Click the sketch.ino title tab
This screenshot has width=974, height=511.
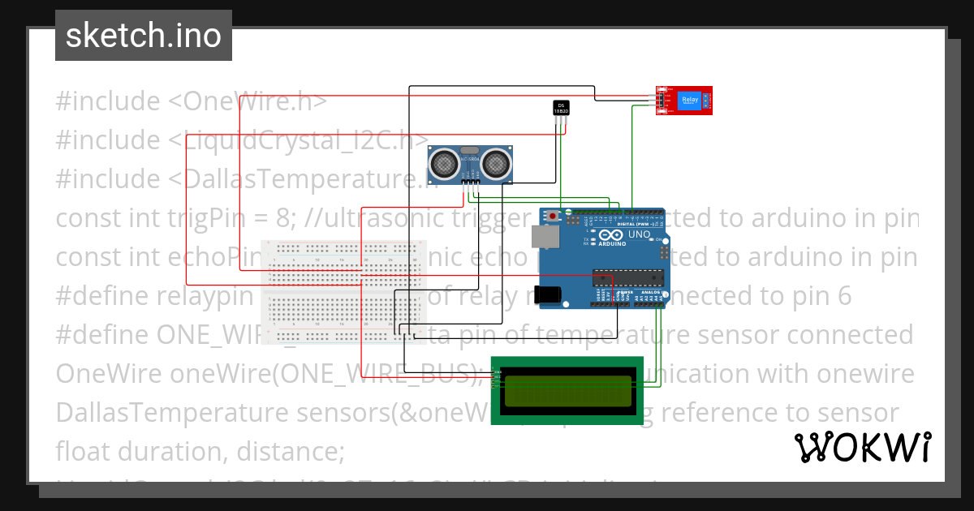coord(143,36)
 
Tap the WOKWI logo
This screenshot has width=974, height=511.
coord(863,447)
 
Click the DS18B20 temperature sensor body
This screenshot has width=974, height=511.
coord(560,108)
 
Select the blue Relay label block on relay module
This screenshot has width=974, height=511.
coord(689,100)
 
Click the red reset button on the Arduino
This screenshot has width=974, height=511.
coord(554,217)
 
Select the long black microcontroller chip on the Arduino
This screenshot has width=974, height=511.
coord(628,277)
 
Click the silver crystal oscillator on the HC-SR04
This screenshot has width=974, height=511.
coord(468,151)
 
